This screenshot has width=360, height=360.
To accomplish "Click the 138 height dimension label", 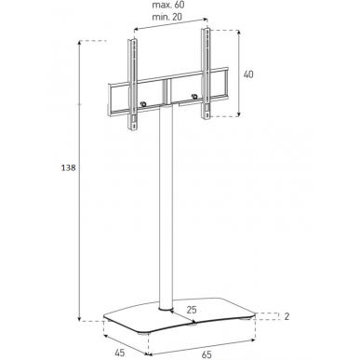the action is tap(68, 168).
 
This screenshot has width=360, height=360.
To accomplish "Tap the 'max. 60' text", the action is tap(168, 5).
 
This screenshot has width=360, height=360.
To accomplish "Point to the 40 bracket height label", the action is tap(248, 74).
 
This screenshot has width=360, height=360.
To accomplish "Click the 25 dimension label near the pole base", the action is tap(192, 309).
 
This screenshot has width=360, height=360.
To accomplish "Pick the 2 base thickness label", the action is tap(287, 316).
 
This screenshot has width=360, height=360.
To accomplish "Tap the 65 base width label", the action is tap(207, 354).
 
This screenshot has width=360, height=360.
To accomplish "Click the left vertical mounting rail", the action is tap(132, 85).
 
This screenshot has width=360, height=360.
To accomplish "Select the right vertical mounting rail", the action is tap(206, 73).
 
